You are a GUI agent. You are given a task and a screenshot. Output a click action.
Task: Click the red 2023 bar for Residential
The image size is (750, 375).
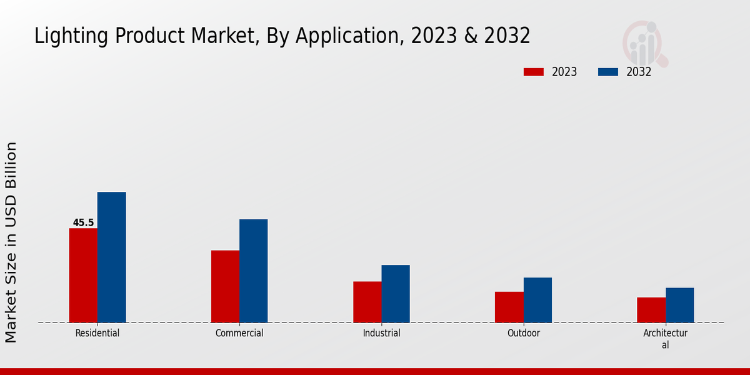click(83, 276)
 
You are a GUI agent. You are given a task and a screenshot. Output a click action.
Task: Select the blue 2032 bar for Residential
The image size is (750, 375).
click(111, 257)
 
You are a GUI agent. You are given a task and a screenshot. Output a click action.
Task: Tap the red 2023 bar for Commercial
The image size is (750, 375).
click(225, 286)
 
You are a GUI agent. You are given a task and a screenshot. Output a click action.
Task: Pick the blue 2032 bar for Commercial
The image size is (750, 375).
click(253, 271)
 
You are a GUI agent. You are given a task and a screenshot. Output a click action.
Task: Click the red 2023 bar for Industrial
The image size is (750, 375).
click(367, 302)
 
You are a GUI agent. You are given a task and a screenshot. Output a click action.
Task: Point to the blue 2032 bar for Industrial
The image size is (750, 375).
click(396, 294)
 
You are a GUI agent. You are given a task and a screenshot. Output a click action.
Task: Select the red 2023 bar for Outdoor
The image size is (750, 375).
click(509, 307)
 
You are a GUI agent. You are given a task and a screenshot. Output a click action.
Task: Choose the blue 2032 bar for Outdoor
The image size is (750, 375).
click(537, 300)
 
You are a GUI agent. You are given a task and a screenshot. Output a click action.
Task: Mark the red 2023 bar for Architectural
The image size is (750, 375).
click(651, 310)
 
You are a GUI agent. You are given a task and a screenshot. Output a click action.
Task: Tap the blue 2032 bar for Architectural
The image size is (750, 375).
click(679, 305)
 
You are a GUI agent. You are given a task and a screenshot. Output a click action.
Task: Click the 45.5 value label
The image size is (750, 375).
click(83, 222)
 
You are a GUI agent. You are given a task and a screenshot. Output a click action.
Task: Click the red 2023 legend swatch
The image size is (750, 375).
click(533, 72)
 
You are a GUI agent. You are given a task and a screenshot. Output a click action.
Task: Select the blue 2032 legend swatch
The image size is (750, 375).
click(608, 72)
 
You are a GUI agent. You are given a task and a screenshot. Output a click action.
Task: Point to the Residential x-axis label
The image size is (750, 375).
click(97, 333)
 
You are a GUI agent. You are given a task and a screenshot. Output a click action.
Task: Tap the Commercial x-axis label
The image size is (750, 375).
click(239, 333)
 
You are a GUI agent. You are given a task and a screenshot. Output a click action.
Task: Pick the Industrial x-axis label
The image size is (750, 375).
click(381, 333)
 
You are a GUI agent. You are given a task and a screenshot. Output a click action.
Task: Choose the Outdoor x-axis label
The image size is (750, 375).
click(524, 333)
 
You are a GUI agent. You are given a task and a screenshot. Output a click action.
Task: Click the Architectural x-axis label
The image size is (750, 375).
click(665, 339)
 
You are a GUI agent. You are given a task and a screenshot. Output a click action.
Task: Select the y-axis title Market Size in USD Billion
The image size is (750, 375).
click(11, 242)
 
